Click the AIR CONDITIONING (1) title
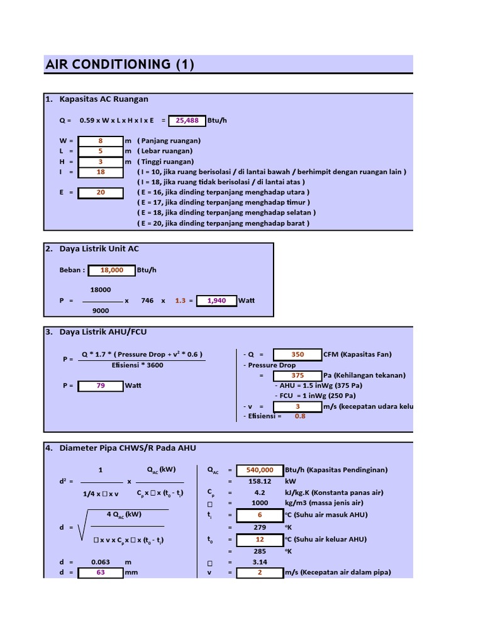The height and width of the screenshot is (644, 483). pos(119,64)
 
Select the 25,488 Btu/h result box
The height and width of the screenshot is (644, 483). pos(187,119)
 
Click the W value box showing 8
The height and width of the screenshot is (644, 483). pos(101,141)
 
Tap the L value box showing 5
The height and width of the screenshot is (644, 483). pos(101,151)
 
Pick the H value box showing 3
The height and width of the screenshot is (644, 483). pos(101,161)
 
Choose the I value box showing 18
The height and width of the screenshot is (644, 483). pos(101,172)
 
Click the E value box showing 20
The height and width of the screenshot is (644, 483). pos(101,192)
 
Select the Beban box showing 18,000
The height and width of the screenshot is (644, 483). pos(111,270)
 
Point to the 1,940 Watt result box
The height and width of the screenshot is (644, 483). pos(216,301)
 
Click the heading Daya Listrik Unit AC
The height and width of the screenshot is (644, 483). pos(99,248)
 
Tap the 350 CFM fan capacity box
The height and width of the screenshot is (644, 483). pos(297,354)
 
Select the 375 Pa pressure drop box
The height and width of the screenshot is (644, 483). pos(297,375)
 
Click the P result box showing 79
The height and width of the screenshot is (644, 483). pos(101,386)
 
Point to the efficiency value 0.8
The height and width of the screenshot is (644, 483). pos(300,416)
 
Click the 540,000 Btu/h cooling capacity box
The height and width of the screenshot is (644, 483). pos(260,470)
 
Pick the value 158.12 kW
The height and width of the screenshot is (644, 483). pos(260,481)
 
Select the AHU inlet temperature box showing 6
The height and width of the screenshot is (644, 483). pos(260,515)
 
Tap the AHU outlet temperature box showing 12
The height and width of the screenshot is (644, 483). pos(260,540)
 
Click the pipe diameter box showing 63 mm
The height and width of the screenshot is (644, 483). pos(101,573)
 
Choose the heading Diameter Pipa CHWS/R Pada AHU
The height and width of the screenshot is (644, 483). pos(128,448)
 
